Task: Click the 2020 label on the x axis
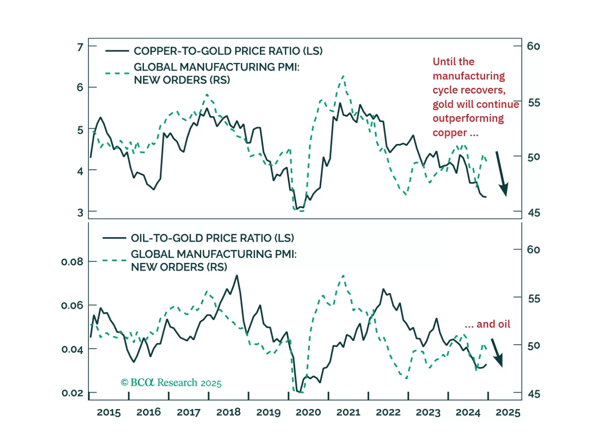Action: [x=308, y=412]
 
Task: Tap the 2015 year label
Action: [x=109, y=412]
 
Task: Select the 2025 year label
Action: [x=508, y=412]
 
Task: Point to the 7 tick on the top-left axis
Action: [x=80, y=47]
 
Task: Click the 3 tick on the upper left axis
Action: [x=80, y=212]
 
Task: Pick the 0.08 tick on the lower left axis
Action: [x=72, y=262]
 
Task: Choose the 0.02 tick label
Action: [x=72, y=393]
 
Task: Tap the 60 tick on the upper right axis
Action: [x=534, y=46]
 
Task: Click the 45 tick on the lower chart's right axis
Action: [x=534, y=394]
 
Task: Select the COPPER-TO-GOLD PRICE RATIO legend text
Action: [x=228, y=51]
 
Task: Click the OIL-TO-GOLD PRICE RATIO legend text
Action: [x=212, y=238]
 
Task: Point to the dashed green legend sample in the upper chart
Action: [x=117, y=73]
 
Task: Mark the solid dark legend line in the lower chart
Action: [x=114, y=238]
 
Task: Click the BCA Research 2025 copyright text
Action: [x=171, y=383]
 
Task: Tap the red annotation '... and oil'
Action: [x=487, y=324]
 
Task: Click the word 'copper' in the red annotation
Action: [x=450, y=133]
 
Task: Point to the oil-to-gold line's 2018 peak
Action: [x=237, y=275]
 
